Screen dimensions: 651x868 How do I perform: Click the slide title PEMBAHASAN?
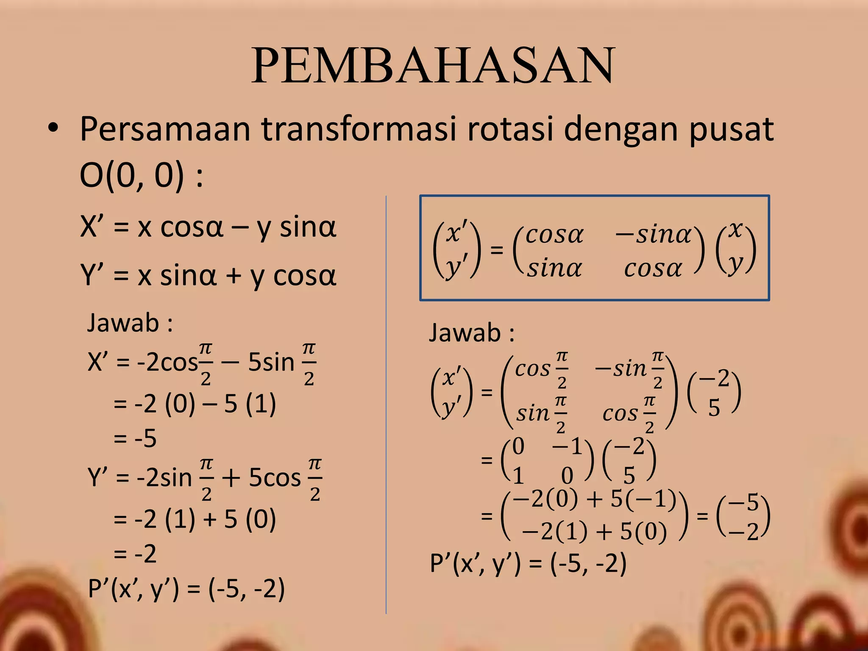pyautogui.click(x=433, y=66)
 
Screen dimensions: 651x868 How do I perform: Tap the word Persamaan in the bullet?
pyautogui.click(x=165, y=129)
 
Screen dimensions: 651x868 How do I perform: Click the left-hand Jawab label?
pyautogui.click(x=129, y=323)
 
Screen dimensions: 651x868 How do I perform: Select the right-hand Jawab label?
pyautogui.click(x=472, y=333)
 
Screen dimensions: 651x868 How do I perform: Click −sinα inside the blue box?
pyautogui.click(x=653, y=234)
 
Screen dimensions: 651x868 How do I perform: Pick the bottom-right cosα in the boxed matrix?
pyautogui.click(x=653, y=268)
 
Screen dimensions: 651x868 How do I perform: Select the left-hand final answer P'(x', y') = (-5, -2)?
pyautogui.click(x=186, y=589)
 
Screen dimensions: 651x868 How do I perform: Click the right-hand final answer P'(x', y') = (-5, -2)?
pyautogui.click(x=528, y=564)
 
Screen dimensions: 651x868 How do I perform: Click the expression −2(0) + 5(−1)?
pyautogui.click(x=594, y=499)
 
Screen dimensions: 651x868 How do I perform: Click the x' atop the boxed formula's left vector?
pyautogui.click(x=456, y=233)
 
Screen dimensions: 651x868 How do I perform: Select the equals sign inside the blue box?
pyautogui.click(x=496, y=250)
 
